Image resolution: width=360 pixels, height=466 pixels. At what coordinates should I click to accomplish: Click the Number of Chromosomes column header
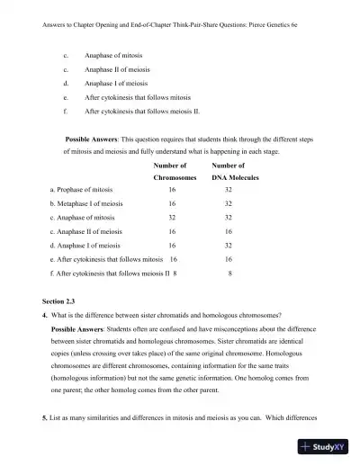pos(171,172)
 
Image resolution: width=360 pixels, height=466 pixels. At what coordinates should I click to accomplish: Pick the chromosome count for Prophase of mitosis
pos(171,191)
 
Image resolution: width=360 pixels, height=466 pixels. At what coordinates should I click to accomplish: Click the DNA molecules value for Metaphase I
pos(228,204)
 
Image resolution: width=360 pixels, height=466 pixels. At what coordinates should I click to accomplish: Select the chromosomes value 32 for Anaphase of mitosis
pos(171,218)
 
